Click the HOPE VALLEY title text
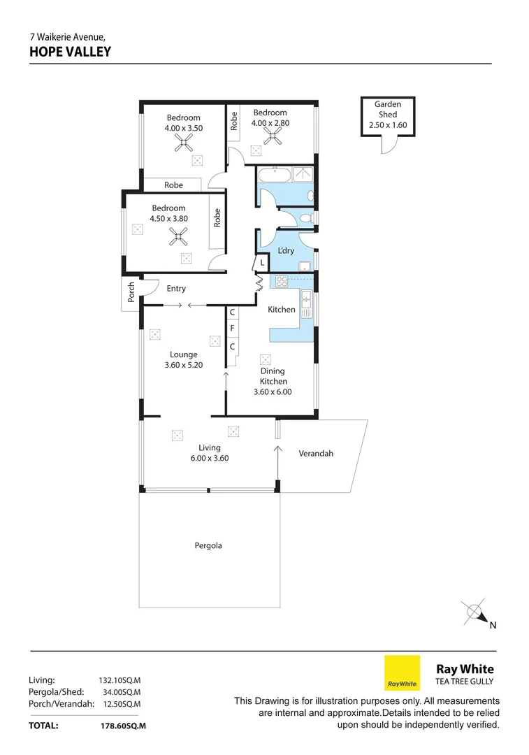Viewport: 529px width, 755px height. coord(70,51)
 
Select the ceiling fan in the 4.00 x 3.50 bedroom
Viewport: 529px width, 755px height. coord(183,144)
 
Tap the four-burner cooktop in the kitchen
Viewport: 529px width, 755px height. coord(282,282)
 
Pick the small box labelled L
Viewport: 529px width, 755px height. coord(261,262)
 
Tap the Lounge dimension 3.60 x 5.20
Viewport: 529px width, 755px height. coord(183,364)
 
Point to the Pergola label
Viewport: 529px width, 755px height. coord(208,545)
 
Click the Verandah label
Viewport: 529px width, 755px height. coord(316,453)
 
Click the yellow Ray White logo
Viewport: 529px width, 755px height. coord(402,673)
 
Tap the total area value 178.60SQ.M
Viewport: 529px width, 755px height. coord(123,726)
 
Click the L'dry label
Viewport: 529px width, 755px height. coord(285,250)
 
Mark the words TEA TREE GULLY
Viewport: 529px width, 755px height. coord(464,682)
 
